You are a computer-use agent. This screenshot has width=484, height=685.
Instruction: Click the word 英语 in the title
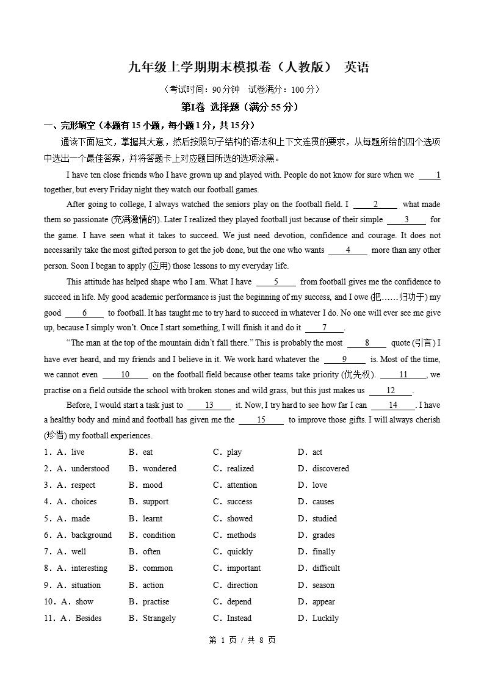(x=356, y=67)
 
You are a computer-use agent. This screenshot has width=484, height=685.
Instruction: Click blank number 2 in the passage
(x=375, y=205)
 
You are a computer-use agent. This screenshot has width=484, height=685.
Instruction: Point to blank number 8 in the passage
(x=367, y=343)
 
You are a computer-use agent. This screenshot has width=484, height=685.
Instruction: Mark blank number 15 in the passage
(x=261, y=420)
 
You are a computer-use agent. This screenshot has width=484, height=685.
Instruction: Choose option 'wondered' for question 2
(x=159, y=469)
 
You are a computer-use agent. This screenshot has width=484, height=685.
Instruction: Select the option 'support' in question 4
(x=156, y=502)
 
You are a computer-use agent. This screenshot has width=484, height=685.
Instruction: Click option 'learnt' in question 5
(x=153, y=519)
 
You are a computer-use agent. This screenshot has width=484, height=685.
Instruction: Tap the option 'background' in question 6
(x=92, y=535)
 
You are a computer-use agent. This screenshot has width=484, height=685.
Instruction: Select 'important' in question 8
(x=244, y=568)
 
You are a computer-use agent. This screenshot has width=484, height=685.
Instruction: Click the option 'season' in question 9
(x=323, y=585)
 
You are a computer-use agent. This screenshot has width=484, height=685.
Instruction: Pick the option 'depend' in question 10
(x=239, y=602)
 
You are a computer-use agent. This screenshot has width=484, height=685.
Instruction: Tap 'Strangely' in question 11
(x=159, y=618)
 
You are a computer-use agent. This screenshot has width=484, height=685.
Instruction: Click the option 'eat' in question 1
(x=148, y=452)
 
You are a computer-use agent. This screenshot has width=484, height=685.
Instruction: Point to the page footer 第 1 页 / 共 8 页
(x=242, y=640)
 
